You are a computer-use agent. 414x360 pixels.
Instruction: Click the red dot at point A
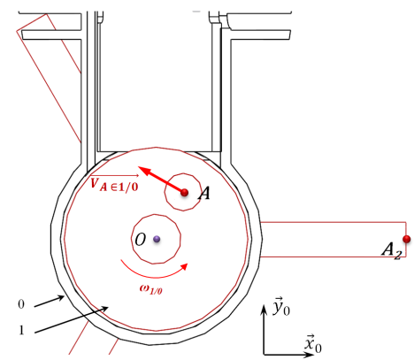pos(185,193)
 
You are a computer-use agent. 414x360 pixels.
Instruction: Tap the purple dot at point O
pos(157,239)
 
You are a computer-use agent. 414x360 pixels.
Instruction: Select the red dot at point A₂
pos(407,239)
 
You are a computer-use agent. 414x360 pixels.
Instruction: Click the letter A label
pos(204,194)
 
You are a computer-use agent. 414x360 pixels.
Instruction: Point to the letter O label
pos(141,240)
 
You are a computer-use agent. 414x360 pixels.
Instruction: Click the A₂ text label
pos(392,250)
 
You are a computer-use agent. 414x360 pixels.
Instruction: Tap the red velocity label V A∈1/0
pos(114,184)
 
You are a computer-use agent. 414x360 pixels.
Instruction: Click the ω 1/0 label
pos(150,289)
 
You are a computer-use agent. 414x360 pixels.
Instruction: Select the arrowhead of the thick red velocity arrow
pos(144,170)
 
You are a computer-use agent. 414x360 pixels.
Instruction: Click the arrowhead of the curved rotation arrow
pos(184,266)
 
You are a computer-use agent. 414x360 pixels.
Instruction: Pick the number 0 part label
pos(21,304)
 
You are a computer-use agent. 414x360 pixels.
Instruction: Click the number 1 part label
pos(21,330)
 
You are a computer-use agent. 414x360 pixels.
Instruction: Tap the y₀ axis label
pos(281,307)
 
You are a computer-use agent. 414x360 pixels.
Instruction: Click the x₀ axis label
pos(313,344)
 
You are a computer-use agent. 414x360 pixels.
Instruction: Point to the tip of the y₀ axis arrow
pos(264,305)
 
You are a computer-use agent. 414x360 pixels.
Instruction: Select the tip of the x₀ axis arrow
pos(314,354)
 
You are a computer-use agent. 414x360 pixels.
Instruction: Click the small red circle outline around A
pos(165,192)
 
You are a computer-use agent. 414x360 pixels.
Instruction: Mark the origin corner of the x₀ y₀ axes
pos(264,354)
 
